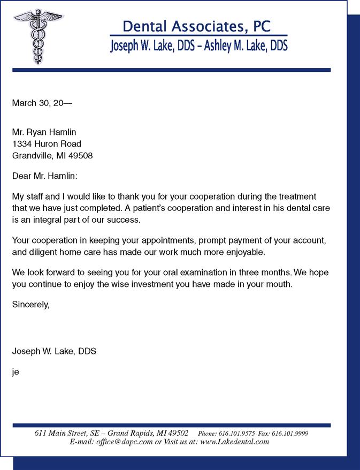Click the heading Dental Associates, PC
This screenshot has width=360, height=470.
click(196, 26)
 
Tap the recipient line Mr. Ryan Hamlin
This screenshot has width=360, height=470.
click(44, 132)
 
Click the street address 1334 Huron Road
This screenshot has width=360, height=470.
click(47, 144)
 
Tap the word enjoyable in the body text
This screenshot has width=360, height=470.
click(239, 252)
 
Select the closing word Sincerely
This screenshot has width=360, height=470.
click(30, 305)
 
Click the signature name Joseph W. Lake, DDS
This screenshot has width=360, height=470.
click(54, 351)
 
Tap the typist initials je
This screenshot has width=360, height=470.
click(16, 371)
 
